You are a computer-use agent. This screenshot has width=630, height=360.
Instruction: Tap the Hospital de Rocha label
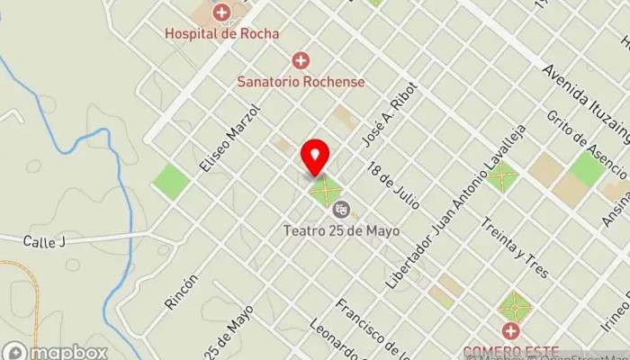tap(221, 34)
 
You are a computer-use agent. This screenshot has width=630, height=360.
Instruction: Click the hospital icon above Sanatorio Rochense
tap(301, 60)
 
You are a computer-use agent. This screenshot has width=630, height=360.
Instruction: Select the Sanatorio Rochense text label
tap(301, 81)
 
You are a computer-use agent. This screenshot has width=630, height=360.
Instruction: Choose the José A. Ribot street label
tap(378, 121)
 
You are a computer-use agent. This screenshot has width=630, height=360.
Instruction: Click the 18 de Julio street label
tap(394, 184)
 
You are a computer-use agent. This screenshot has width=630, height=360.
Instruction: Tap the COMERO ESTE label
tap(511, 351)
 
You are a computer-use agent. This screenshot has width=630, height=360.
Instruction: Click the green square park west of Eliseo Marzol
tap(171, 182)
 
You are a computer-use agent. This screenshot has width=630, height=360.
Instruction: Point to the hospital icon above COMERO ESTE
tap(511, 330)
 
